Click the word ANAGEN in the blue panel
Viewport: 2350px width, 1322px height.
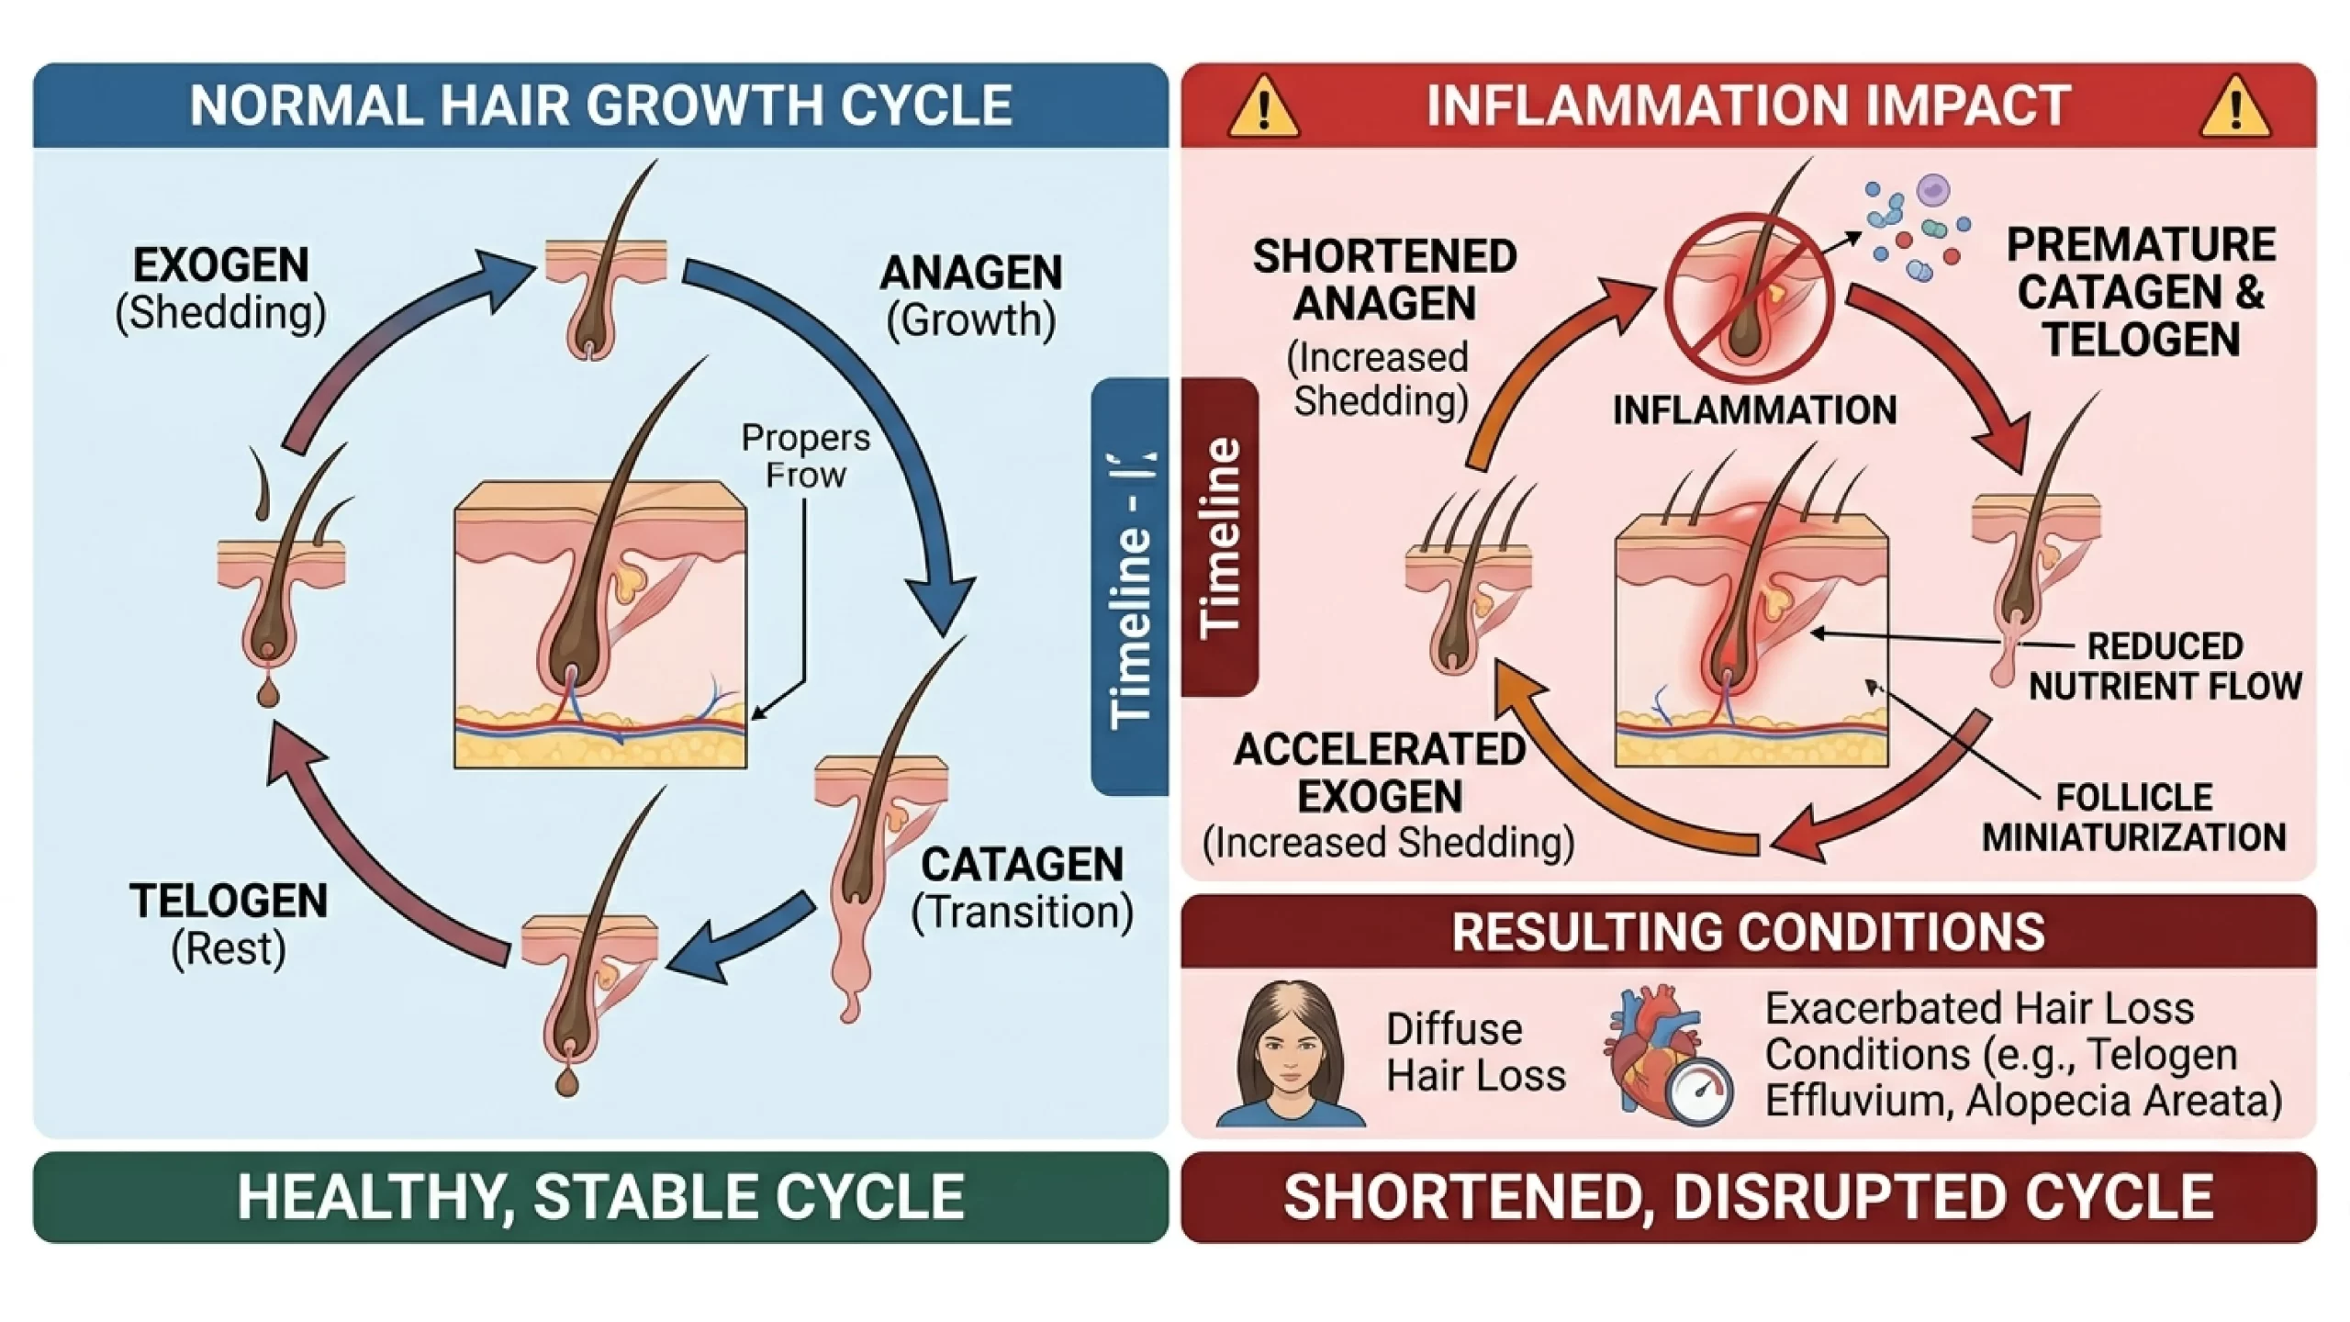click(971, 273)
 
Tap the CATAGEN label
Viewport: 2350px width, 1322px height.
click(1022, 865)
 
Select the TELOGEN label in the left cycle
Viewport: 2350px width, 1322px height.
click(229, 901)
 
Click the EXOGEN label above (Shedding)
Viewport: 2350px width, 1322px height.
click(220, 265)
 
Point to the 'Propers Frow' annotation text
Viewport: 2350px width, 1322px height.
click(805, 456)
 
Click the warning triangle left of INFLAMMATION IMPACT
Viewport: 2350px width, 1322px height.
click(1263, 107)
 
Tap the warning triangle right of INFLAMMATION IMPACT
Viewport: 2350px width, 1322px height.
click(2234, 107)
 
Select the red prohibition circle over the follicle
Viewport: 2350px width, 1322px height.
click(1749, 296)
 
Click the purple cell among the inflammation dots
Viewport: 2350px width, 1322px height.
click(1933, 191)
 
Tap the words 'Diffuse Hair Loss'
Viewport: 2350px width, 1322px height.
click(1475, 1052)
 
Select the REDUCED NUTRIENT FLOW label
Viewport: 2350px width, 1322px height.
click(2165, 667)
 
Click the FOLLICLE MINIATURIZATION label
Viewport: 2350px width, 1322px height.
click(2133, 817)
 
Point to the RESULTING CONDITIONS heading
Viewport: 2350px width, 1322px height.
click(1748, 932)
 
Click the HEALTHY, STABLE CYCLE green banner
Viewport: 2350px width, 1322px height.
click(600, 1197)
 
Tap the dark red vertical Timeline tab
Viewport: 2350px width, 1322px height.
click(1220, 537)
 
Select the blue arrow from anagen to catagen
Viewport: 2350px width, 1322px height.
click(881, 413)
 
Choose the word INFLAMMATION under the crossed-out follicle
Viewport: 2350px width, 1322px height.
click(1754, 410)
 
